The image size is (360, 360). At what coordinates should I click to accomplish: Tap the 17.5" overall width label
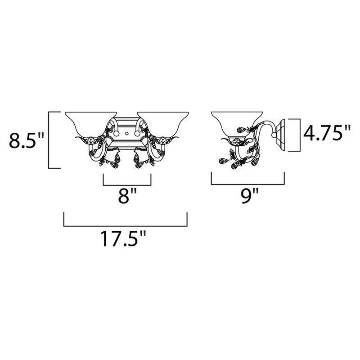pyautogui.click(x=123, y=238)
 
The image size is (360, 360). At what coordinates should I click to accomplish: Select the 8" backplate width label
pyautogui.click(x=127, y=195)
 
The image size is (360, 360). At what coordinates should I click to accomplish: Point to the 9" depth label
pyautogui.click(x=250, y=195)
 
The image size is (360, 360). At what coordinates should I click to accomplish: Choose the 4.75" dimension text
pyautogui.click(x=327, y=133)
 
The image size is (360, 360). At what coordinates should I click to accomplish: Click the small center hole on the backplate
pyautogui.click(x=127, y=133)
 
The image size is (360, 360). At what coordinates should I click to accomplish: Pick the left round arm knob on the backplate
pyautogui.click(x=117, y=133)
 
